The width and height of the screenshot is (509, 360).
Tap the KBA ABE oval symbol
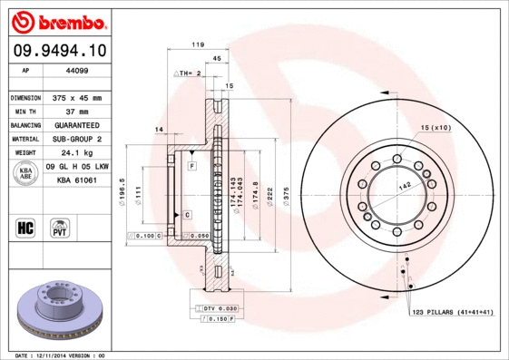pos(26,174)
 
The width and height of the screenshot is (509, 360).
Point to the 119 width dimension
pos(196,44)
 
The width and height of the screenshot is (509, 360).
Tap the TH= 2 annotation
pos(187,72)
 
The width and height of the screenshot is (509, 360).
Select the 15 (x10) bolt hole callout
pos(436,127)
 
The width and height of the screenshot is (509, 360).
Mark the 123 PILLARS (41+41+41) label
pos(452,311)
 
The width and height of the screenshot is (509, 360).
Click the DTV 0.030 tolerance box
pos(214,309)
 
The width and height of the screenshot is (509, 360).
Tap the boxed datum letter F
pos(192,167)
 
